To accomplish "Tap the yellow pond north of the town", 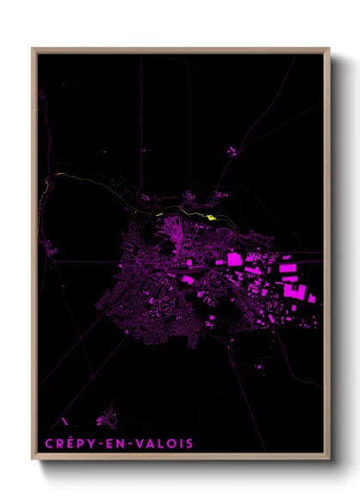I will (211, 217).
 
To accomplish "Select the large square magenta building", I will (234, 258).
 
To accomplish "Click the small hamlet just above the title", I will (106, 419).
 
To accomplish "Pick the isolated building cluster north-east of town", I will (231, 152).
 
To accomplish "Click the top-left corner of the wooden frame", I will (33, 49).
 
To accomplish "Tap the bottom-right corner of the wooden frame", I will (329, 460).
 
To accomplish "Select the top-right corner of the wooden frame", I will (329, 49).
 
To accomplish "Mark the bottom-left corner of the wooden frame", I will (33, 460).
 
